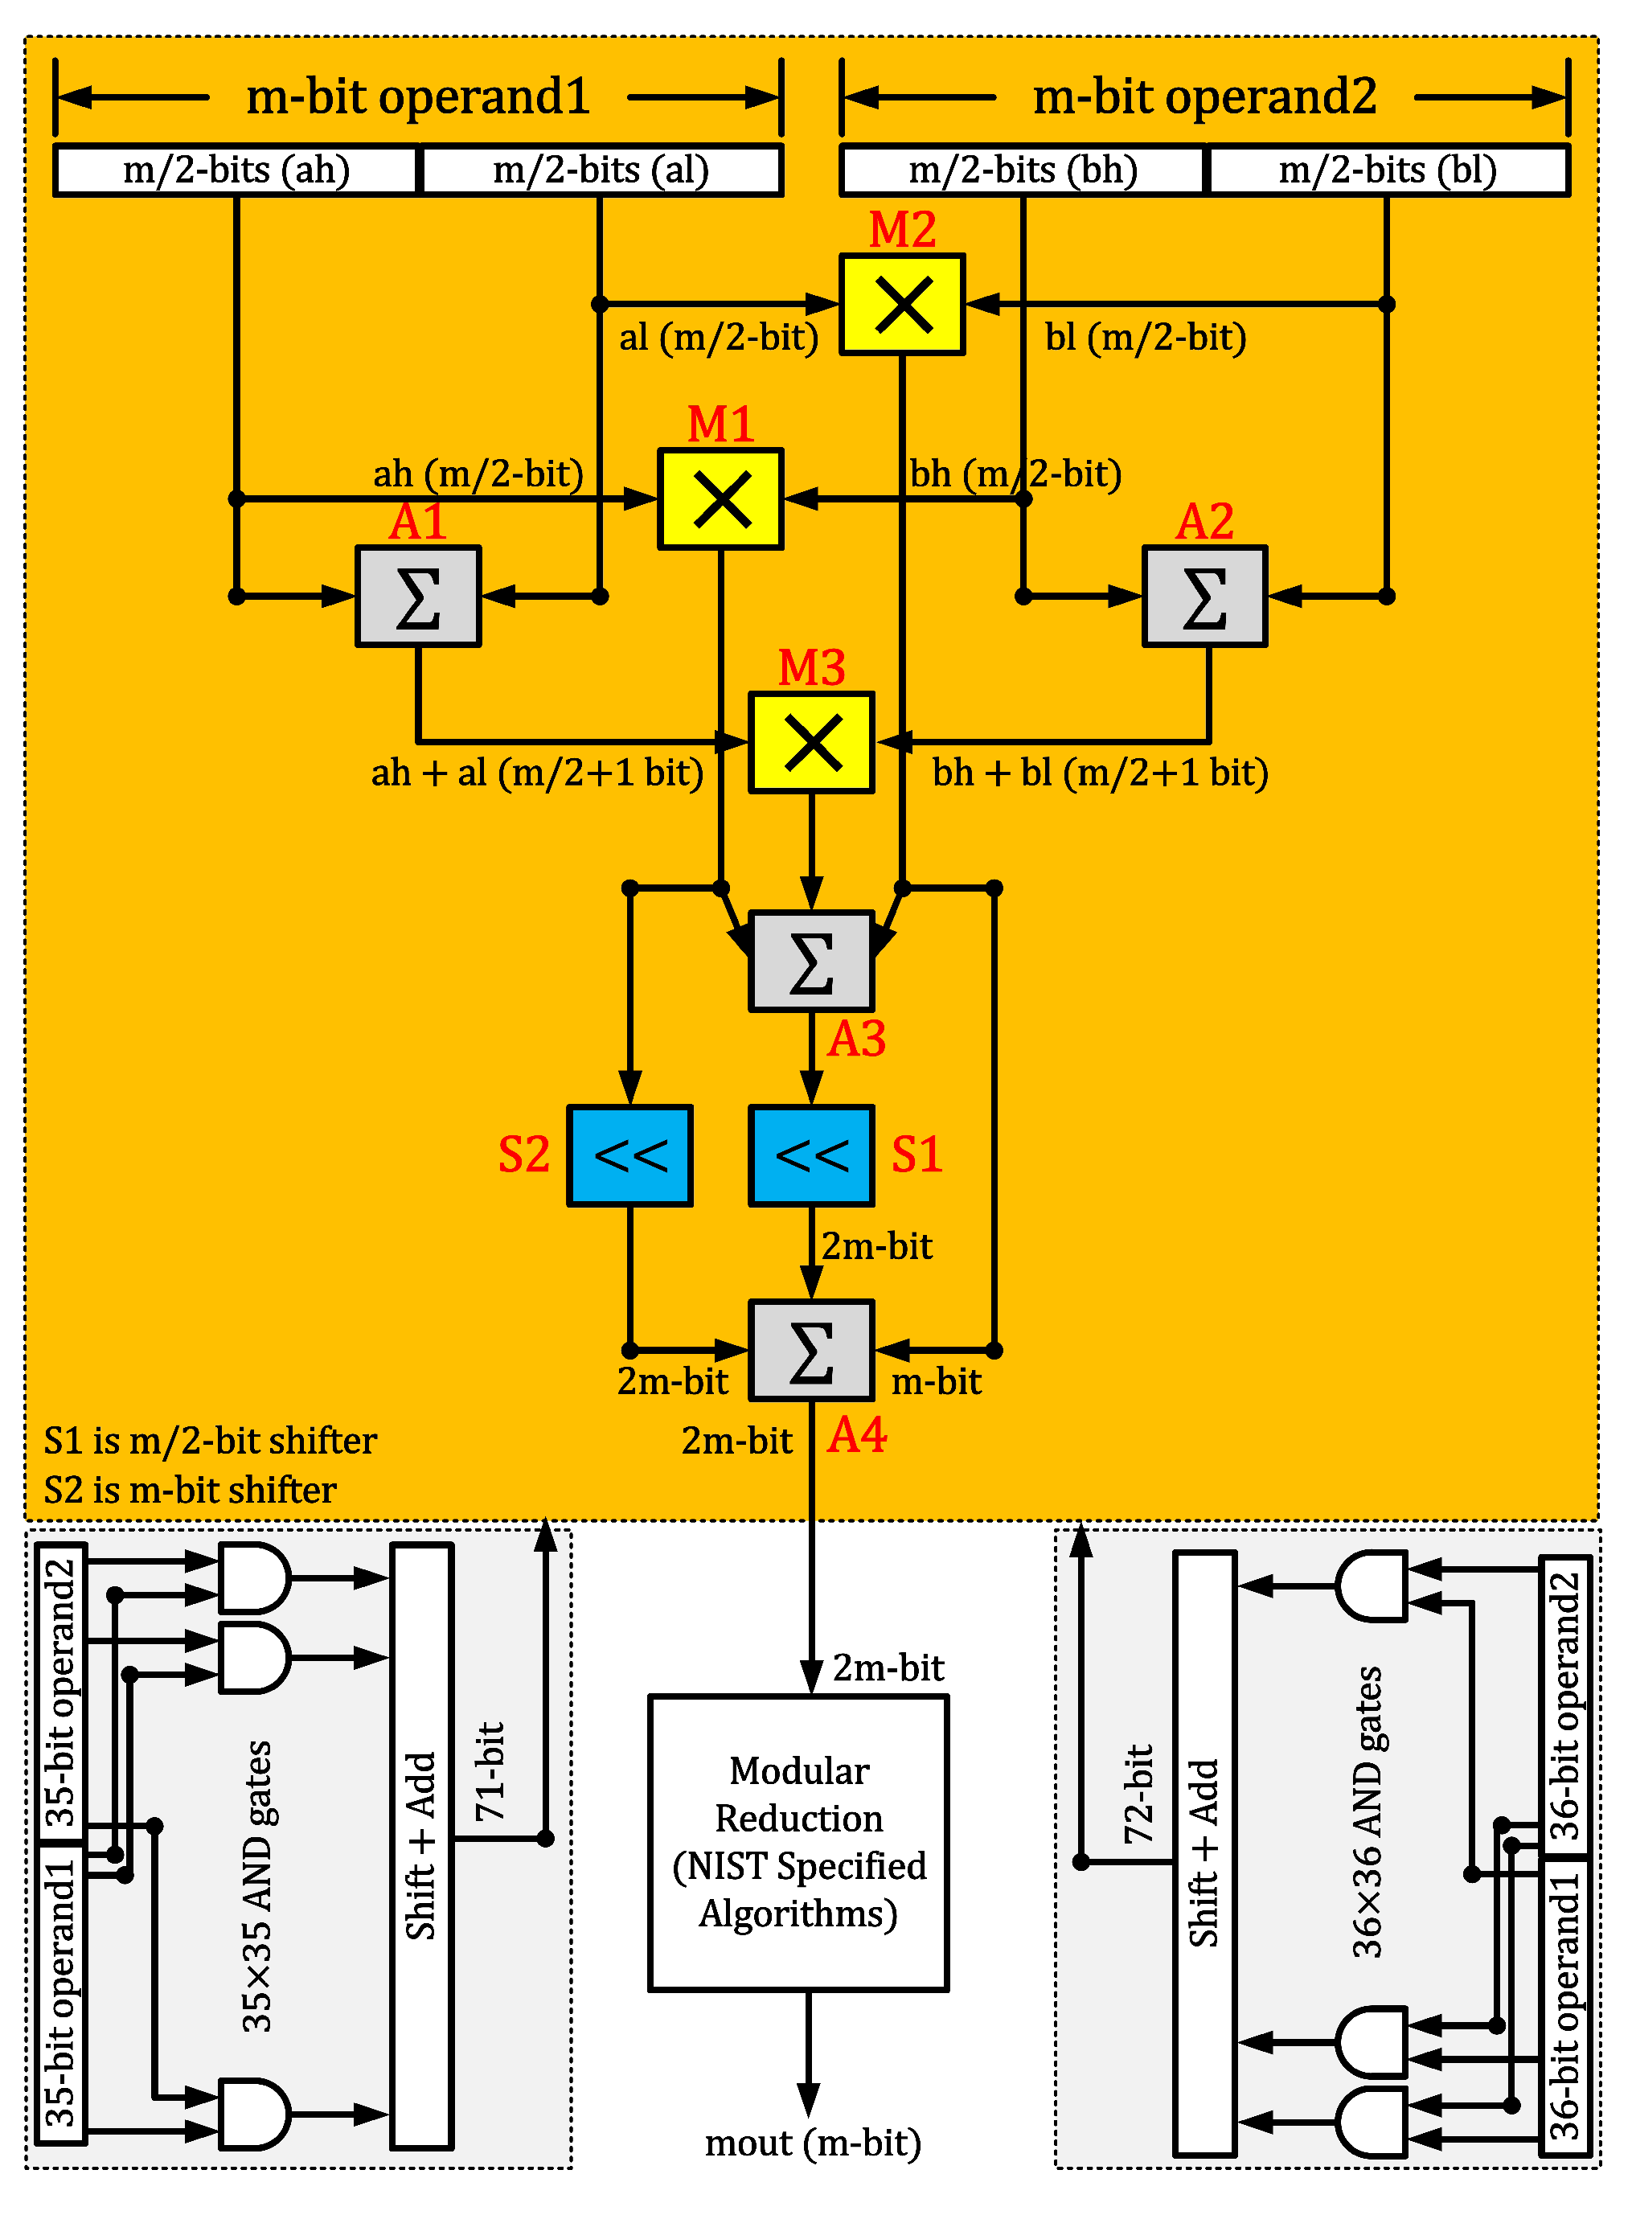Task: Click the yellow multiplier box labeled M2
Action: pyautogui.click(x=901, y=304)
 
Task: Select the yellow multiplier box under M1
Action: pyautogui.click(x=720, y=499)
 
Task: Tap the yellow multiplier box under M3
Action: pyautogui.click(x=811, y=742)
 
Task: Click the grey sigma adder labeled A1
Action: pyautogui.click(x=418, y=597)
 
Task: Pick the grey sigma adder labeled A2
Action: pyautogui.click(x=1204, y=597)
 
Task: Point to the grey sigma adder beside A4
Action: pyautogui.click(x=811, y=1351)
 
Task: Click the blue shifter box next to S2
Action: pyautogui.click(x=629, y=1155)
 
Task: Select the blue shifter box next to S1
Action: pyautogui.click(x=811, y=1155)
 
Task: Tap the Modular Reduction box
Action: pyautogui.click(x=798, y=1843)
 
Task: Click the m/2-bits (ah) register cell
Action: pyautogui.click(x=236, y=170)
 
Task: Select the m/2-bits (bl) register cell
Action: pyautogui.click(x=1387, y=170)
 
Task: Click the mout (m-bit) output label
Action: pyautogui.click(x=812, y=2142)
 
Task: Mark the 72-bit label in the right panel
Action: pyautogui.click(x=1139, y=1793)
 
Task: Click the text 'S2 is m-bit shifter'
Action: pyautogui.click(x=190, y=1490)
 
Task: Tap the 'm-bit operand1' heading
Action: pyautogui.click(x=417, y=96)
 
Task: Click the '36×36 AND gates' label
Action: pyautogui.click(x=1368, y=1813)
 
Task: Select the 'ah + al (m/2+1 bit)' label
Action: pyautogui.click(x=536, y=773)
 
